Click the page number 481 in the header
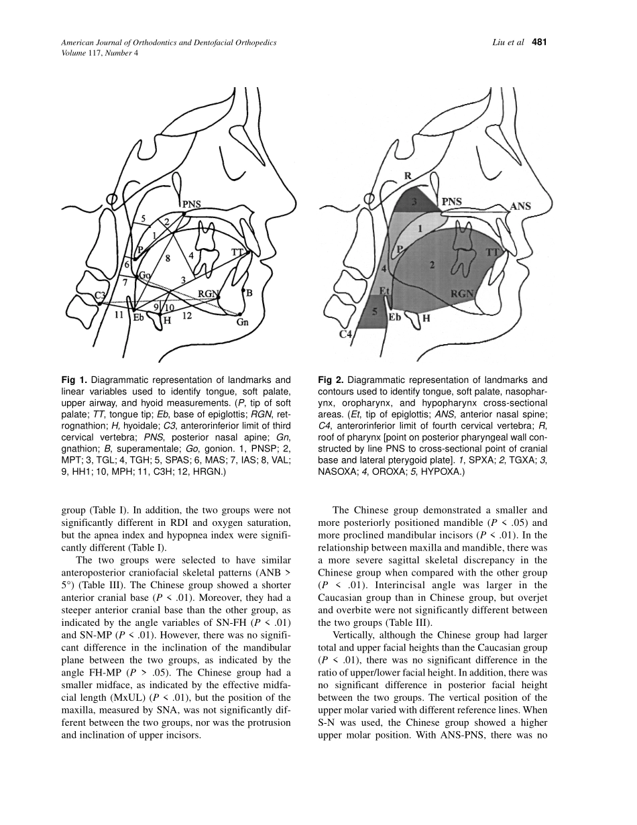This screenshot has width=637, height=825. [x=540, y=42]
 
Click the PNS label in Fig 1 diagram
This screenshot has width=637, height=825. [x=192, y=204]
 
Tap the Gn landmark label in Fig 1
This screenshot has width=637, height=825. [x=243, y=322]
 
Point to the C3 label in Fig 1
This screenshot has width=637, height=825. [x=100, y=295]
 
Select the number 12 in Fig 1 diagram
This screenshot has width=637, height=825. [x=188, y=317]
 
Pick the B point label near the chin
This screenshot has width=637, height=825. [x=249, y=293]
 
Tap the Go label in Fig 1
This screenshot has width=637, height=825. [x=145, y=276]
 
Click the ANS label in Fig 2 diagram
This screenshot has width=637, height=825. [x=520, y=206]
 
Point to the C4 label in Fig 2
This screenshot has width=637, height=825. [x=345, y=333]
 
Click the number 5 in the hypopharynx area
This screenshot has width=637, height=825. [x=375, y=311]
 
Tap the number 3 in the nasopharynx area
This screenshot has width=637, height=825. [x=414, y=201]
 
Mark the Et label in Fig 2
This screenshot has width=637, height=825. [x=386, y=290]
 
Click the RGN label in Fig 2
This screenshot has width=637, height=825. [x=462, y=293]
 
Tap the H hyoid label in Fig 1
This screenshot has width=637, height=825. [x=168, y=321]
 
